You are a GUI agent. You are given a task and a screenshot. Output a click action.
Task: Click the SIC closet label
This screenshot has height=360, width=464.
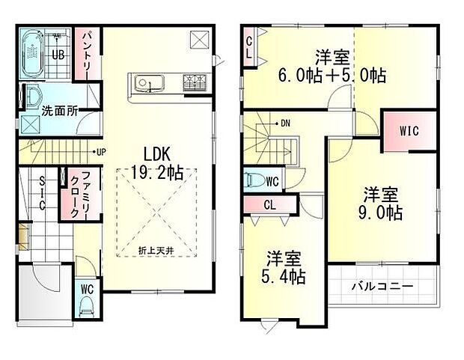pos(42,194)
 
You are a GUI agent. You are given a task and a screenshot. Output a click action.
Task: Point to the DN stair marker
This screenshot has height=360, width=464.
pos(285,122)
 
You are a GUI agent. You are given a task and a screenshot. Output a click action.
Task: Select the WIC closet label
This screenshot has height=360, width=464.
pos(408,131)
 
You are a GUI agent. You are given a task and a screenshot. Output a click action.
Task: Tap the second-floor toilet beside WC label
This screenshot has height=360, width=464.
pos(251,180)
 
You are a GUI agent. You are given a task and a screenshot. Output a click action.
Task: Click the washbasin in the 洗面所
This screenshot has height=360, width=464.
pos(34,97)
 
